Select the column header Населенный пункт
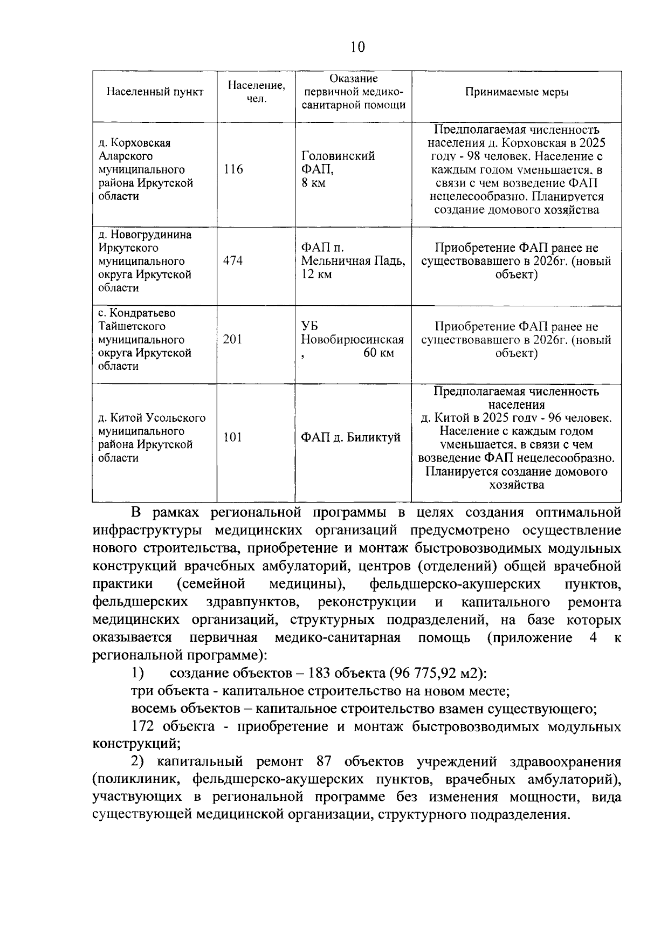click(x=155, y=92)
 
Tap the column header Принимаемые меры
click(x=517, y=92)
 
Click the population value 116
click(x=233, y=169)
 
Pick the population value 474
click(x=233, y=261)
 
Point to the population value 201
click(x=233, y=340)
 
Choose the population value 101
click(x=233, y=437)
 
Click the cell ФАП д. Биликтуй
click(x=350, y=437)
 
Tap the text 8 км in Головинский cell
click(x=313, y=183)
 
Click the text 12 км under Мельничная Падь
click(x=316, y=274)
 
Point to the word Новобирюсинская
click(x=352, y=340)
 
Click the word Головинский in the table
click(x=338, y=156)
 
